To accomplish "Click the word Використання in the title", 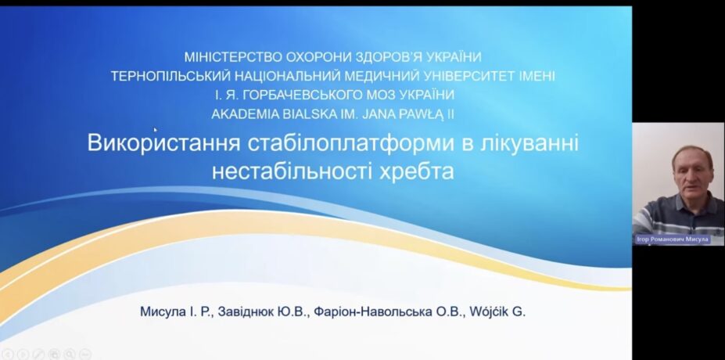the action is [x=164, y=143].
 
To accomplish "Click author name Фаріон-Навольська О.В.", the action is [x=388, y=312].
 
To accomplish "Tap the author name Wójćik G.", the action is [x=497, y=312].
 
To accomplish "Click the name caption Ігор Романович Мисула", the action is [x=673, y=239].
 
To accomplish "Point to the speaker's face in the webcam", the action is [x=691, y=175].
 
